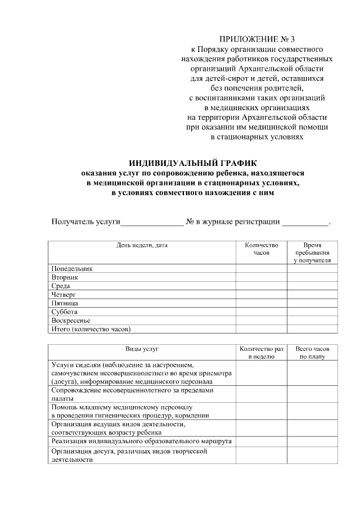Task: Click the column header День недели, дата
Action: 142,245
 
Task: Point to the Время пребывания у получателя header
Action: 313,253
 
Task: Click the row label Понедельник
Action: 71,269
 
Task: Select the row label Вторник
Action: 65,277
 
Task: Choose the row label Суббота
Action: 64,312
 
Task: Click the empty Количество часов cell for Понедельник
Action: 262,269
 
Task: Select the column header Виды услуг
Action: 142,349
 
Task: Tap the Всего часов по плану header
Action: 313,353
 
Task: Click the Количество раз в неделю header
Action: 262,353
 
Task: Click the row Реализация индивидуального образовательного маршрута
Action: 141,442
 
